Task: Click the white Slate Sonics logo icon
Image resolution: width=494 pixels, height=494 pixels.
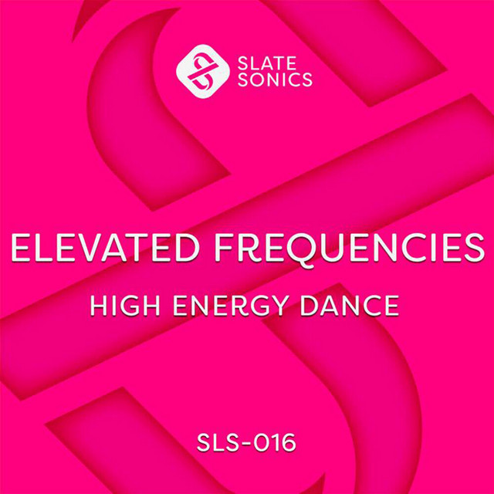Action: click(203, 71)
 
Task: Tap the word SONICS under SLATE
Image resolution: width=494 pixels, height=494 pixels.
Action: click(275, 80)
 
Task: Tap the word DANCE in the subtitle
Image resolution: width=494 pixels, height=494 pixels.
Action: click(350, 306)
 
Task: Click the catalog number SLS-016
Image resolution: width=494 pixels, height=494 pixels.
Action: click(246, 442)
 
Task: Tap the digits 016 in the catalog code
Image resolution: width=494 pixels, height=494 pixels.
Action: click(275, 442)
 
